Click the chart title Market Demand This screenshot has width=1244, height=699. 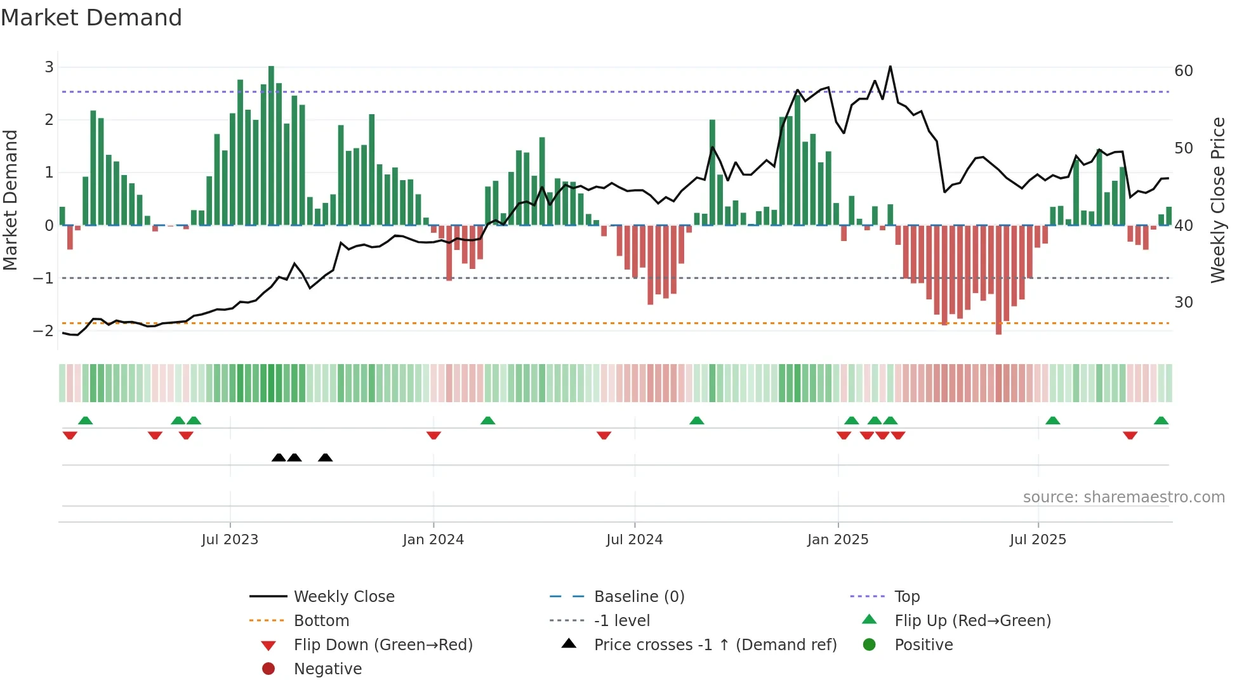click(91, 18)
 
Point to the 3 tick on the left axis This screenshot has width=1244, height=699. click(49, 67)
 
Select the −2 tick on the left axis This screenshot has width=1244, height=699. click(44, 330)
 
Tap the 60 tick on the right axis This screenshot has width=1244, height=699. click(1184, 70)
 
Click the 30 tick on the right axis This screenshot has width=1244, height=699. click(1184, 302)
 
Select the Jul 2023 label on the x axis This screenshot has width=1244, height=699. click(230, 540)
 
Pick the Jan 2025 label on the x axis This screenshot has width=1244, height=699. click(838, 540)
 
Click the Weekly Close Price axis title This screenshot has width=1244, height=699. click(1217, 200)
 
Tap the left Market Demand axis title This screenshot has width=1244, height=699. click(11, 200)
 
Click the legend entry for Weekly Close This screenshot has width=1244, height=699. click(343, 596)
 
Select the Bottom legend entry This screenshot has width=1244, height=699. click(321, 620)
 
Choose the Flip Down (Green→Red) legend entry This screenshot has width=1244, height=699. click(383, 644)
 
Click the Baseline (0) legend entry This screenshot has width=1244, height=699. click(639, 596)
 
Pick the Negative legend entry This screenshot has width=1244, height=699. click(328, 669)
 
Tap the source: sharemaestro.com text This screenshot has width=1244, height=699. click(1123, 497)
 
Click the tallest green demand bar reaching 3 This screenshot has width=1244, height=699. click(271, 146)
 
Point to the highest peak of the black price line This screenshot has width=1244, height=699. click(890, 67)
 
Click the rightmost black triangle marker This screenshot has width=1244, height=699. click(325, 457)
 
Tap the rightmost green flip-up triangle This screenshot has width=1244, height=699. click(1161, 421)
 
